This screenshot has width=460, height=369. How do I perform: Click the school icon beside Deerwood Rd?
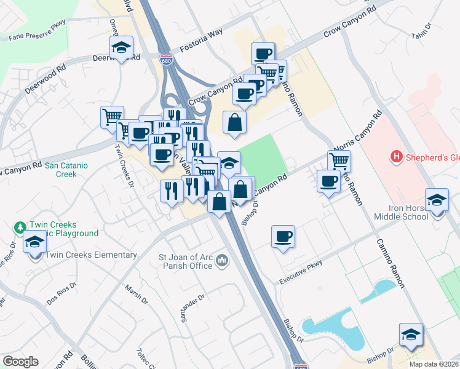tap(122, 47)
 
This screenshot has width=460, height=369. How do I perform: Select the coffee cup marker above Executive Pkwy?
tap(283, 236)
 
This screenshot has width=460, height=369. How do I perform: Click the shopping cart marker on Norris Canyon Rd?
tap(339, 161)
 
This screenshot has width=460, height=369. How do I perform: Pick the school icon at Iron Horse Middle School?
tap(437, 200)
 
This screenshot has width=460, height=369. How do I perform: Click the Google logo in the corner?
tap(20, 362)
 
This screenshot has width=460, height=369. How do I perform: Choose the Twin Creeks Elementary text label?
tap(91, 255)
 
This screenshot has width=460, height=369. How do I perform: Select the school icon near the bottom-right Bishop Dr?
tap(411, 334)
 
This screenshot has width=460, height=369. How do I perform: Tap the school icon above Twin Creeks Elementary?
tap(35, 244)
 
